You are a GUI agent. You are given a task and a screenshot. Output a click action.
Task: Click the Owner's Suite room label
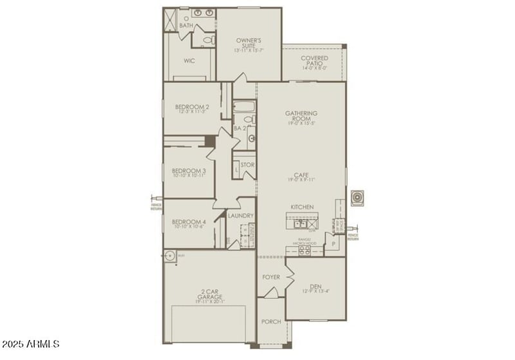click(x=247, y=43)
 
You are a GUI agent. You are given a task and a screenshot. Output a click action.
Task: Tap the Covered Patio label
click(x=314, y=61)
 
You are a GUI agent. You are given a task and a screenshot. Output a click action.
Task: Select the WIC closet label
click(x=189, y=61)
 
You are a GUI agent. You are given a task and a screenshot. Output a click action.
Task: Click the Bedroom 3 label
click(x=188, y=171)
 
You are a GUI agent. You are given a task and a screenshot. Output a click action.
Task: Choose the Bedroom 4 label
click(x=188, y=223)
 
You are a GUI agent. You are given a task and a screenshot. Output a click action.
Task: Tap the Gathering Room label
click(x=301, y=116)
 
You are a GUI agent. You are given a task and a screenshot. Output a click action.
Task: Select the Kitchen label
click(x=301, y=207)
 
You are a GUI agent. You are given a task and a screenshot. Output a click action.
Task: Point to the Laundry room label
click(x=240, y=216)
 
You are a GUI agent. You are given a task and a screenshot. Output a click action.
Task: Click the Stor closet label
click(x=247, y=165)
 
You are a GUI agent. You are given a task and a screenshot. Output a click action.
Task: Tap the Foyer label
click(x=270, y=277)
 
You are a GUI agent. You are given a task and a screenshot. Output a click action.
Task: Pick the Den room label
click(x=315, y=287)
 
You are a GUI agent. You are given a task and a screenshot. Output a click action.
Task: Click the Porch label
click(x=270, y=321)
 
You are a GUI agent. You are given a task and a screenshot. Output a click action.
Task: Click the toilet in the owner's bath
click(x=207, y=41)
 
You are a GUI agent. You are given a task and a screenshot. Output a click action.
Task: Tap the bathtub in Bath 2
click(x=245, y=107)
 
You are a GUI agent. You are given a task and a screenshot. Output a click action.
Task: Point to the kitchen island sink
click(x=299, y=225)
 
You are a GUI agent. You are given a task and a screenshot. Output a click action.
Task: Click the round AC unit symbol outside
click(x=357, y=198)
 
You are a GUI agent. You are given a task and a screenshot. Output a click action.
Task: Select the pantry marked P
click(x=333, y=244)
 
